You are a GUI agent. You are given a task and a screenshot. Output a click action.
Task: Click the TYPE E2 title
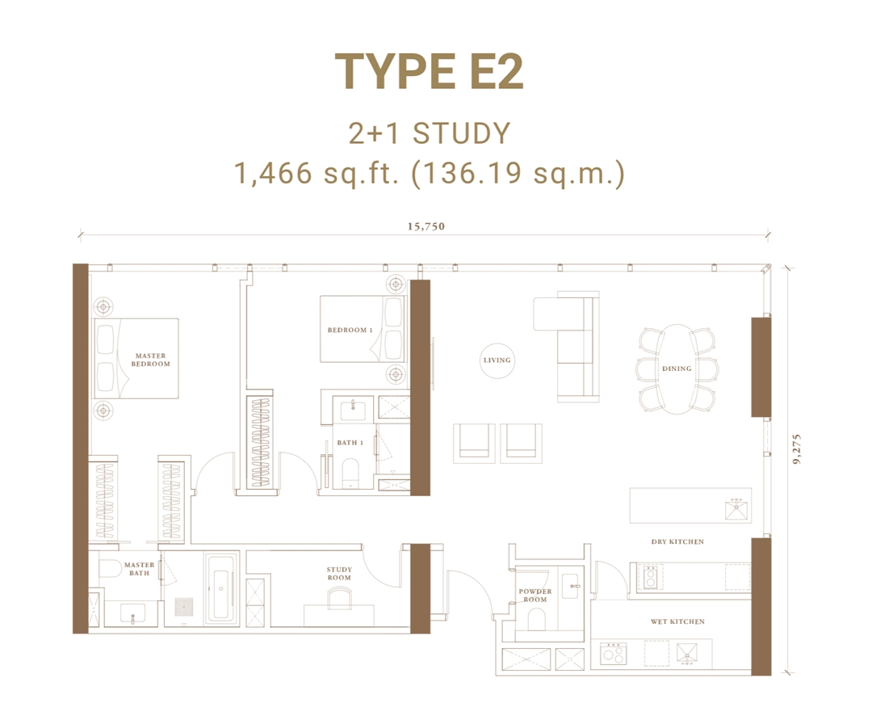pyautogui.click(x=430, y=72)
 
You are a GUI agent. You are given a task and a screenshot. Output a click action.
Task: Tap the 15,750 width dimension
pyautogui.click(x=426, y=226)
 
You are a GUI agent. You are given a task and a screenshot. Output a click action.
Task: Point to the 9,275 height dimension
pyautogui.click(x=798, y=445)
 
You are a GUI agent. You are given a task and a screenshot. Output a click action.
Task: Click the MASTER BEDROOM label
pyautogui.click(x=151, y=360)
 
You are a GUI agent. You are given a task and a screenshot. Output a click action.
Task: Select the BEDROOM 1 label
pyautogui.click(x=350, y=330)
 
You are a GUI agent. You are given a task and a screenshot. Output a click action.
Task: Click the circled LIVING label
pyautogui.click(x=497, y=360)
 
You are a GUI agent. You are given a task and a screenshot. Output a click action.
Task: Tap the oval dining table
pyautogui.click(x=677, y=369)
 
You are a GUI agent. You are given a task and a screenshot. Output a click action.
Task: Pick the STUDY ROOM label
pyautogui.click(x=339, y=574)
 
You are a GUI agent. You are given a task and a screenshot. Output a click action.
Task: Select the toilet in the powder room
pyautogui.click(x=535, y=621)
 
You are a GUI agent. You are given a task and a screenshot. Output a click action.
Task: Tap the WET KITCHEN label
pyautogui.click(x=677, y=621)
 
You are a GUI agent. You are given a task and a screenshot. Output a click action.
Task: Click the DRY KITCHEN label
pyautogui.click(x=677, y=541)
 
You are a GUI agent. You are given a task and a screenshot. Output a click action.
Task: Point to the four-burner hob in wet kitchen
pyautogui.click(x=613, y=653)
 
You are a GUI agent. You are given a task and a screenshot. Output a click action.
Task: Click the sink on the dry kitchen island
pyautogui.click(x=736, y=510)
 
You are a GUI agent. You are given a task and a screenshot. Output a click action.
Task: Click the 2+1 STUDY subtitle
pyautogui.click(x=430, y=133)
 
